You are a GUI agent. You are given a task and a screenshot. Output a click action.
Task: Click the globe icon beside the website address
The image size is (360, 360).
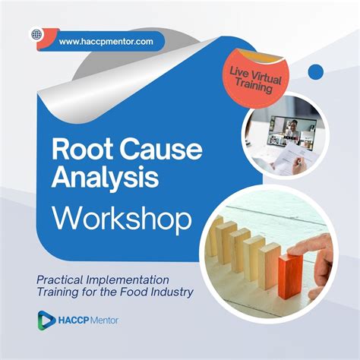[35, 34]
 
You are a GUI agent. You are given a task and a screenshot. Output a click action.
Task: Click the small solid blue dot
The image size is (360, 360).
[315, 72]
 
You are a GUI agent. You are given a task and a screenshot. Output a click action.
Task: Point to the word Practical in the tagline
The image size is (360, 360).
[62, 279]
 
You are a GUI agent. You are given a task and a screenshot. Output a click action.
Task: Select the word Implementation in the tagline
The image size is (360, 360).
[133, 279]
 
